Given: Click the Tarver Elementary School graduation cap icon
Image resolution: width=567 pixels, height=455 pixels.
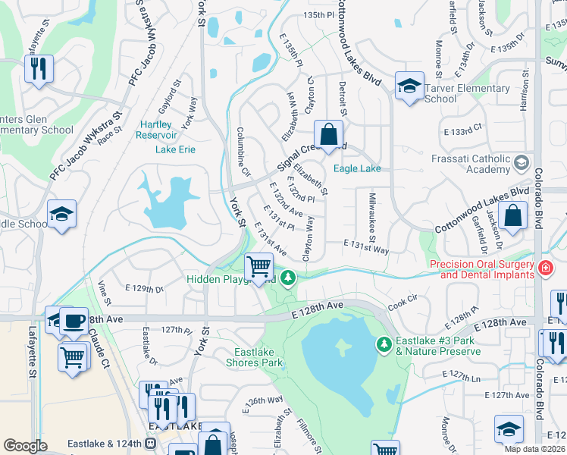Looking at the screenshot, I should pos(409,85).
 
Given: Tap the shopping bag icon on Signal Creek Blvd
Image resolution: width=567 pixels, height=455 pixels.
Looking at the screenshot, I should pos(328,134).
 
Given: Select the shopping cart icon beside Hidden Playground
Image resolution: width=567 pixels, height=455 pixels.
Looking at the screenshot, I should pos(258,265).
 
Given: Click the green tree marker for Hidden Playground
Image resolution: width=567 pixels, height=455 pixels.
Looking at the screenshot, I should pos(287,279).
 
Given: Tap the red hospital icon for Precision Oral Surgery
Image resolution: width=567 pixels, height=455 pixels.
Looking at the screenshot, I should pos(544,268).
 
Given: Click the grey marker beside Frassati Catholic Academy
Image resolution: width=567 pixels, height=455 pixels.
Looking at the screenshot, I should pos(521,163).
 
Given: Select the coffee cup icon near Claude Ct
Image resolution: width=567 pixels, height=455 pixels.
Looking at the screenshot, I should pos(74,322).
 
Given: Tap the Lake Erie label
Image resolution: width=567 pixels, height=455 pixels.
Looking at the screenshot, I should pos(175,149).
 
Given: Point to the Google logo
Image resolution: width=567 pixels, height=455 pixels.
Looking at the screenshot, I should pos(25,445).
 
